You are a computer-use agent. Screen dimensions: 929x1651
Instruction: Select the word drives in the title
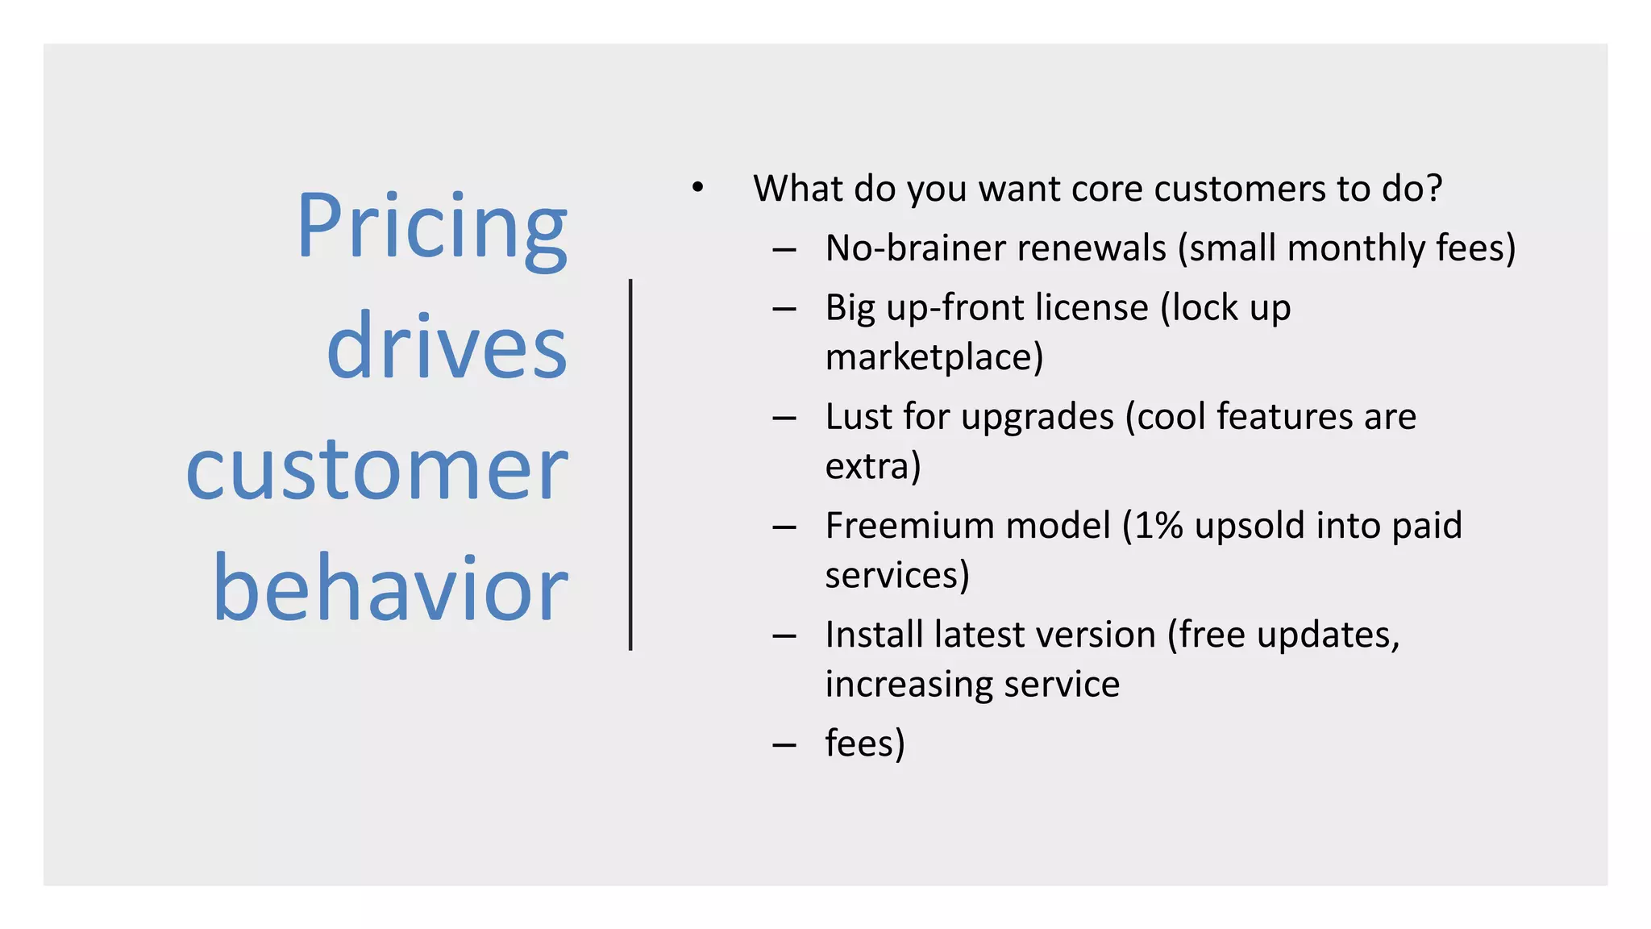pyautogui.click(x=447, y=347)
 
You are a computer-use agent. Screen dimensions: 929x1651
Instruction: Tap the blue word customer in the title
pyautogui.click(x=376, y=469)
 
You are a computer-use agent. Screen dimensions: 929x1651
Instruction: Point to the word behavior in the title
pyautogui.click(x=390, y=589)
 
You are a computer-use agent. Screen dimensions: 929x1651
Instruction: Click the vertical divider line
pyautogui.click(x=630, y=464)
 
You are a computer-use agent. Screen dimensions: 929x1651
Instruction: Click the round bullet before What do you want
pyautogui.click(x=697, y=189)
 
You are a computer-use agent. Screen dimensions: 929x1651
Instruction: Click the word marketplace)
pyautogui.click(x=934, y=357)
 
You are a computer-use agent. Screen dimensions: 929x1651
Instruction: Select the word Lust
pyautogui.click(x=859, y=417)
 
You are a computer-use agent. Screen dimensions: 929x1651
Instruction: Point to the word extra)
pyautogui.click(x=872, y=466)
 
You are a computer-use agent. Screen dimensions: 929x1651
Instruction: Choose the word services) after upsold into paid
pyautogui.click(x=896, y=575)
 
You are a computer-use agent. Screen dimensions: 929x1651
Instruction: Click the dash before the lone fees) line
pyautogui.click(x=784, y=744)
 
